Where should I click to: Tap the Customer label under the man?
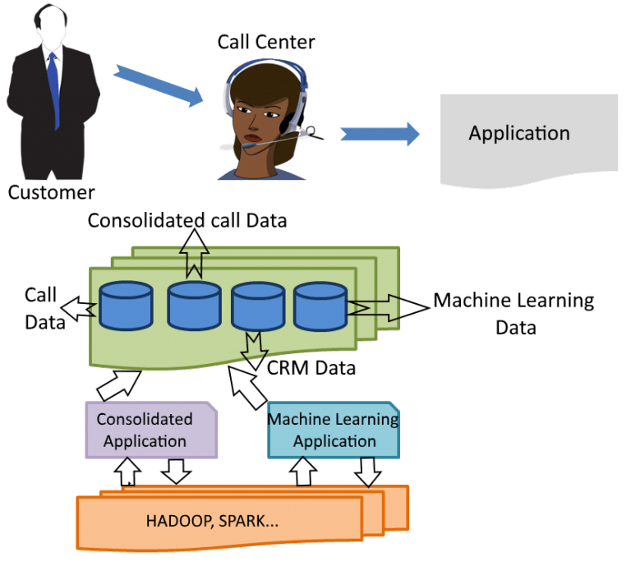[51, 193]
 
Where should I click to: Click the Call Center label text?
[265, 41]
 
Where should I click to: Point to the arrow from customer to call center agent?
[158, 85]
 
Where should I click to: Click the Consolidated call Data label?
[187, 221]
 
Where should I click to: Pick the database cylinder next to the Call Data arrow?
[126, 305]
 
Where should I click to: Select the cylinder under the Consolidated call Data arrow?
[195, 305]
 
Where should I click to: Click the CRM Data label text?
[311, 367]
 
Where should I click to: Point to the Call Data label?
[43, 308]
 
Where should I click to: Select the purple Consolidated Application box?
[151, 430]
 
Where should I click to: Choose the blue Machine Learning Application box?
[334, 430]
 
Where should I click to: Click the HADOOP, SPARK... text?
[218, 521]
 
